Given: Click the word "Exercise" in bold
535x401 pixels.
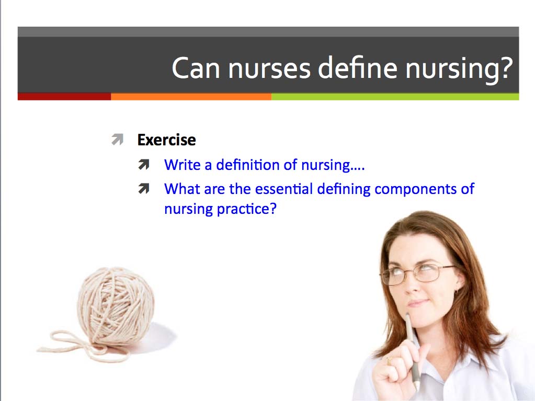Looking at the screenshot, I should tap(166, 140).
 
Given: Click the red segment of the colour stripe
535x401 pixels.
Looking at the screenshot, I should tap(64, 97).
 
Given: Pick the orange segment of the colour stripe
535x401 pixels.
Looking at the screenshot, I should tap(191, 97).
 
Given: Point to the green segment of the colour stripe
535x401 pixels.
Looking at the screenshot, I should tap(395, 97).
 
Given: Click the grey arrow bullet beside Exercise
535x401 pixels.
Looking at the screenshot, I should tap(117, 140).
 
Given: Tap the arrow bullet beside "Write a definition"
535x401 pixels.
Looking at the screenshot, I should tap(144, 165).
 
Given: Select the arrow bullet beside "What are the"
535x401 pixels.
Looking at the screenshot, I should tap(144, 189).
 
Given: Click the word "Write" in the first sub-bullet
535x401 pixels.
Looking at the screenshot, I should tap(181, 165).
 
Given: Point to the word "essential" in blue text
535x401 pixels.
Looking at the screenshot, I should tap(279, 189).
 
